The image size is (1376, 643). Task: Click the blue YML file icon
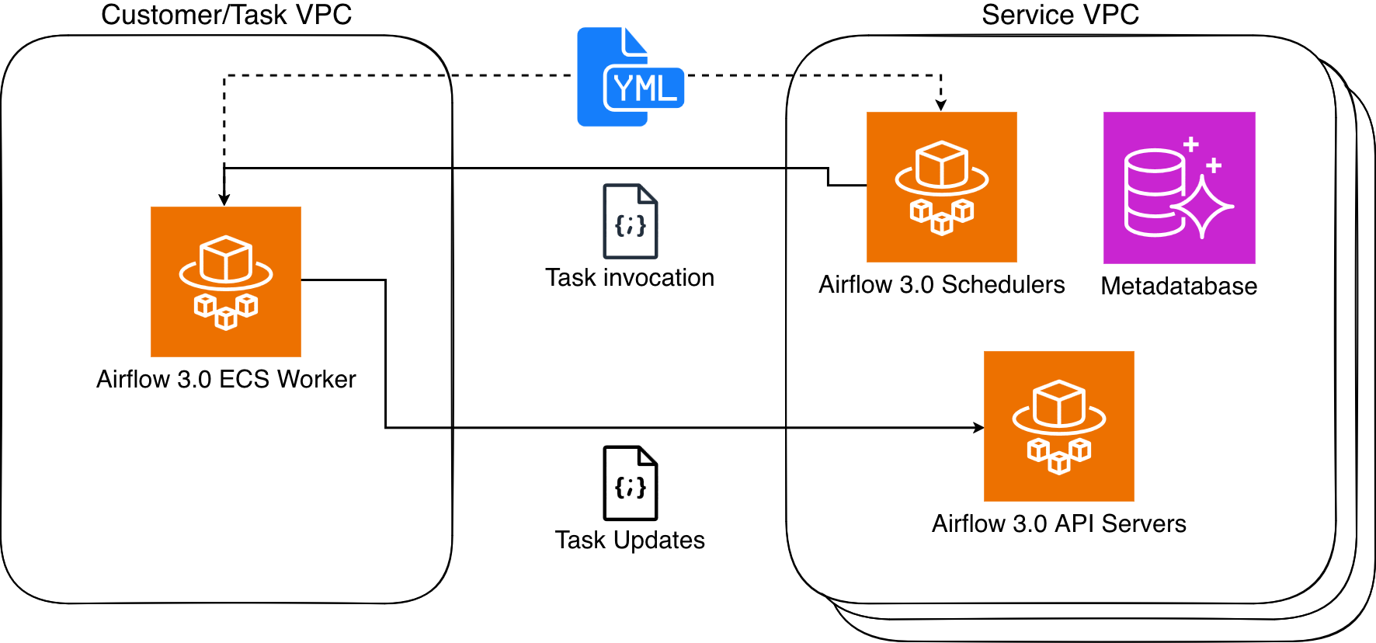coord(629,78)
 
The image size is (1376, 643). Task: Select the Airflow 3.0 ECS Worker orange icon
coord(226,281)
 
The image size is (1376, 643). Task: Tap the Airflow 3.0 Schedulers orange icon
coord(942,187)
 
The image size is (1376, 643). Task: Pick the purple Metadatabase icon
coord(1180,188)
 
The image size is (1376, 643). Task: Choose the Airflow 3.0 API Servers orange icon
coord(1059,426)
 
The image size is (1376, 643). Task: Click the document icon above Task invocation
coord(631,221)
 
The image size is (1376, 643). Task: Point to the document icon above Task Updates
coord(631,483)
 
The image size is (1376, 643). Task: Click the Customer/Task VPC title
coord(226,15)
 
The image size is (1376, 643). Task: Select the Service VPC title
coord(1060,15)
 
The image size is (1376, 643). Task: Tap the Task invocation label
coord(630,277)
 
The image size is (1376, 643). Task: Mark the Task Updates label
coord(630,540)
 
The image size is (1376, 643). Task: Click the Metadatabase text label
coord(1179,286)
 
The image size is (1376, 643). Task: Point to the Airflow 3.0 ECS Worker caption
coord(226,379)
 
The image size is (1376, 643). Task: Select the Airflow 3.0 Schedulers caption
coord(942,284)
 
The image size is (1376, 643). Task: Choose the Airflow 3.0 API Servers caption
coord(1059,523)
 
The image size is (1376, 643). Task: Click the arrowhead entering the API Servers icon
coord(979,427)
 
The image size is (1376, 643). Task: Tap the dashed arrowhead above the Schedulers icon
coord(941,106)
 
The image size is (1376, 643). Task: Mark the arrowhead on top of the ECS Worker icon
coord(224,200)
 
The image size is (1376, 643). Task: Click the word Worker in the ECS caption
coord(317,379)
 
